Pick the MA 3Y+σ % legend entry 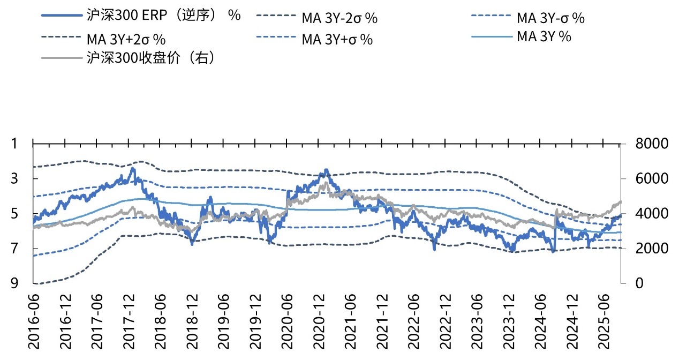click(x=337, y=39)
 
